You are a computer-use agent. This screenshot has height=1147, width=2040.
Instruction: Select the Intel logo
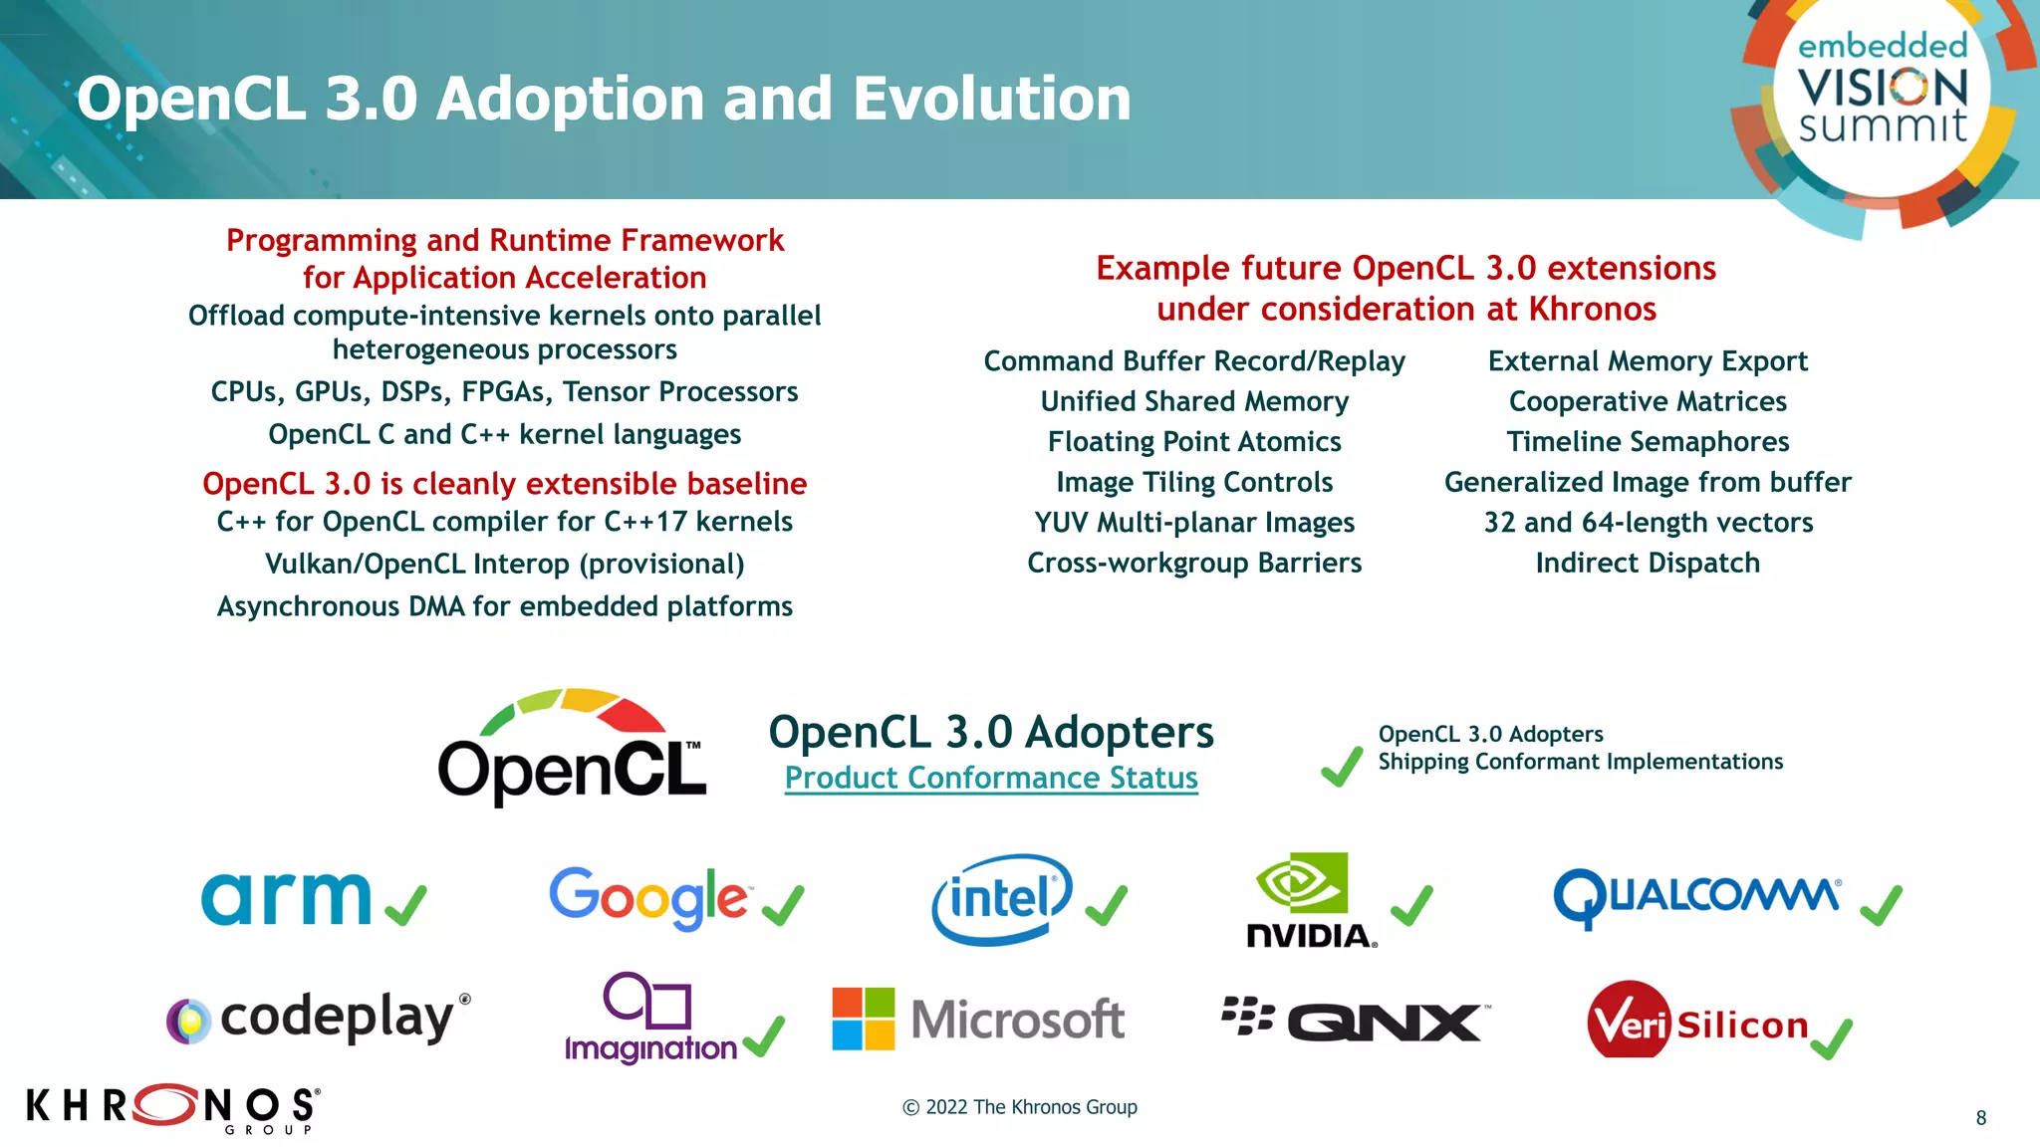[1001, 899]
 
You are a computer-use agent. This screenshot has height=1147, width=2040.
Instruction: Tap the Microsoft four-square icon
[863, 1019]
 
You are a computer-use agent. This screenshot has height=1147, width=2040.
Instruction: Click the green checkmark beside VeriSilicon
[1831, 1038]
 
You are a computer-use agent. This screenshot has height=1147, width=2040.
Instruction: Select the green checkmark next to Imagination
[764, 1036]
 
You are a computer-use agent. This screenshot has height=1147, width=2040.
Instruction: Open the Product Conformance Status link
[991, 778]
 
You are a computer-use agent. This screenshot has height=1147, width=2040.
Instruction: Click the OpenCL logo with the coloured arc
[573, 746]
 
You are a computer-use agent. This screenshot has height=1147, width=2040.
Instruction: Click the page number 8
[1980, 1118]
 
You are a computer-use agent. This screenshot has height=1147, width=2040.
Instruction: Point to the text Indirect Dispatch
[1648, 563]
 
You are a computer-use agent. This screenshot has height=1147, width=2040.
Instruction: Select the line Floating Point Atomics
[1194, 441]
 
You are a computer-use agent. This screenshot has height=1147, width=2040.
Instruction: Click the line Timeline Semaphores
[1648, 441]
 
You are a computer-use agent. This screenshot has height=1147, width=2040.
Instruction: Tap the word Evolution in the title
[991, 99]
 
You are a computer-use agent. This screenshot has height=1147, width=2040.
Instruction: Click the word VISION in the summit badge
[1883, 88]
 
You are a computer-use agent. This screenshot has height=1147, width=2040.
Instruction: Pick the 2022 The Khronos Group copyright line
[1020, 1107]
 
